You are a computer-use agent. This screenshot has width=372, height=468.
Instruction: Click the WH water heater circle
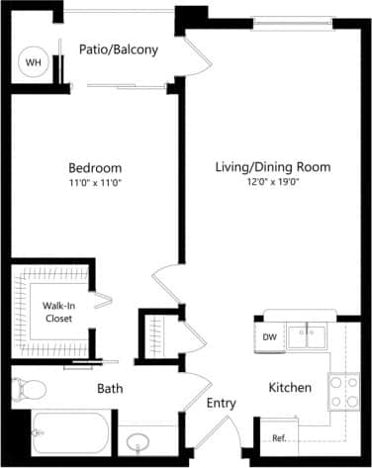(x=35, y=61)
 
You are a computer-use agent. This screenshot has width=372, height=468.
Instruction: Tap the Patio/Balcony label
(x=120, y=48)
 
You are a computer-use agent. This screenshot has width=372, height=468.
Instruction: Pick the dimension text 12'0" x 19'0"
(x=272, y=182)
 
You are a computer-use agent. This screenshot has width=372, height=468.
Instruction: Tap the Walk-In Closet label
(x=57, y=313)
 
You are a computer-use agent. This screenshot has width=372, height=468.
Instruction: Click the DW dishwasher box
(x=269, y=337)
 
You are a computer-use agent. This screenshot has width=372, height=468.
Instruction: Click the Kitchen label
(x=291, y=387)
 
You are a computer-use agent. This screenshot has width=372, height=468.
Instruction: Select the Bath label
(x=110, y=389)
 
